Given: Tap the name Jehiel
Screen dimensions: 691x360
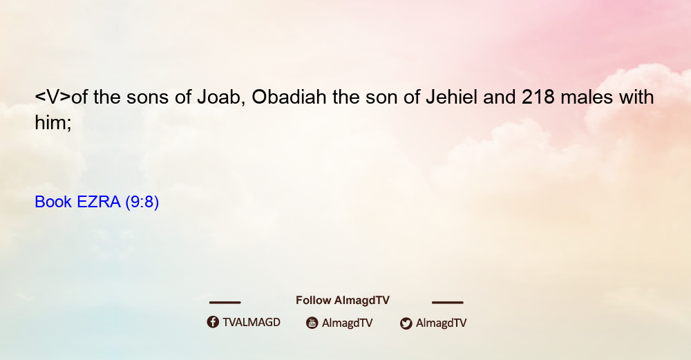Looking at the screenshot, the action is tap(451, 97).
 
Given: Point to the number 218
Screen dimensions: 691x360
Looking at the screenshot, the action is tap(538, 97).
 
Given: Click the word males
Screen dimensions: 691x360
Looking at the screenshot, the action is tap(587, 97).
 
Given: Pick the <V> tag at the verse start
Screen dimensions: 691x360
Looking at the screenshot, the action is tap(53, 97).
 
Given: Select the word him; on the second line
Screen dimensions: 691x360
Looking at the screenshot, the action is tap(53, 122).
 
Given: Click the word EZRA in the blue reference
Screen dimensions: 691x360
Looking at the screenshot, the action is tap(98, 202).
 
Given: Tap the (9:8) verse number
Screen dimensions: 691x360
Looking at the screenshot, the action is tap(142, 202).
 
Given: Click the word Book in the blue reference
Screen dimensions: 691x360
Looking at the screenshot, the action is tap(53, 202).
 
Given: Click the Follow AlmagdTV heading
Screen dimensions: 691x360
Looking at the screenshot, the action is tap(343, 301).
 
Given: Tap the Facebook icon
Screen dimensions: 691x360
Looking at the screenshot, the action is tap(213, 322).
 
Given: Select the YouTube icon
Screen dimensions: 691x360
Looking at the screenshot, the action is tap(312, 323).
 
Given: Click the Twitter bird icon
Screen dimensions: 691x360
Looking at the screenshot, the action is tap(406, 323).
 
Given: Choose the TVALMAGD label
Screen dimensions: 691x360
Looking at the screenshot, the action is tap(252, 322).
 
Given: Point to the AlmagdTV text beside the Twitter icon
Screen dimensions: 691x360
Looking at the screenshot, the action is tap(441, 323).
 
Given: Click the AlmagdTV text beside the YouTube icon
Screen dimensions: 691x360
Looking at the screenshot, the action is tap(348, 323).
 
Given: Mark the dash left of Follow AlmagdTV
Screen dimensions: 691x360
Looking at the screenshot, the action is tap(225, 303).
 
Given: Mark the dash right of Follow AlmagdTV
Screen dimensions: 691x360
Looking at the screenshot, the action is tap(448, 303).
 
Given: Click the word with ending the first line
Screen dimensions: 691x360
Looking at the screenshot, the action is tap(636, 97).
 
